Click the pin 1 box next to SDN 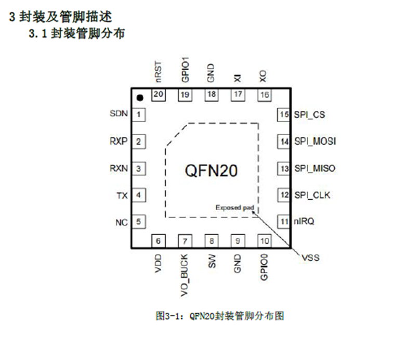139,114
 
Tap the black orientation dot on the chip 139,98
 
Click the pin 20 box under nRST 157,95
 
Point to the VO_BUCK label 185,275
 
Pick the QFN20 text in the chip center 212,171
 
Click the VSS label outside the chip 310,258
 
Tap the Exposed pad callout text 234,207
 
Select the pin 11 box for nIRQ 284,222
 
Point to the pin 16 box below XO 265,95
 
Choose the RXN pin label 119,169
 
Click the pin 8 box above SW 212,241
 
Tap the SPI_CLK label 312,196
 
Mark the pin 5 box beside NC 139,222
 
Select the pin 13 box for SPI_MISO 284,169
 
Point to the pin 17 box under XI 238,95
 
